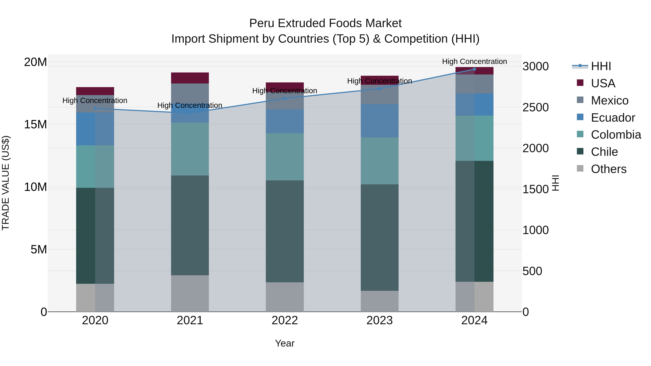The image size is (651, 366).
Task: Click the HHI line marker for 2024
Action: click(x=474, y=69)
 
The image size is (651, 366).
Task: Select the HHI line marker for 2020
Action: click(x=95, y=108)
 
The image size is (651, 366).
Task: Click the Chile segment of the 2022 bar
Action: click(x=285, y=231)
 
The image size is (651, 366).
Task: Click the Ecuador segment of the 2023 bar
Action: click(x=379, y=121)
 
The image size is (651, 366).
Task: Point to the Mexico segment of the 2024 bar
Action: click(x=474, y=84)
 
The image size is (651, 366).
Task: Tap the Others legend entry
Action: click(x=608, y=169)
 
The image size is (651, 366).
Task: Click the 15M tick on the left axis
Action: click(x=35, y=124)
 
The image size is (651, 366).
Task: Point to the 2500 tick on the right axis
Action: click(x=535, y=107)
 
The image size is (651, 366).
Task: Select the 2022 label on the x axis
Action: click(x=285, y=320)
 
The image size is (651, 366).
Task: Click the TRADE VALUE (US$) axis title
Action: click(x=6, y=183)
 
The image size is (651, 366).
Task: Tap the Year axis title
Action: click(x=285, y=343)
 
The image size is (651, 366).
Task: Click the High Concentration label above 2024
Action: click(x=474, y=61)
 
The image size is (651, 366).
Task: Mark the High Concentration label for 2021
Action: click(x=190, y=105)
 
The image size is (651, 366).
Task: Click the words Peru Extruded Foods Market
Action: click(x=325, y=23)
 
